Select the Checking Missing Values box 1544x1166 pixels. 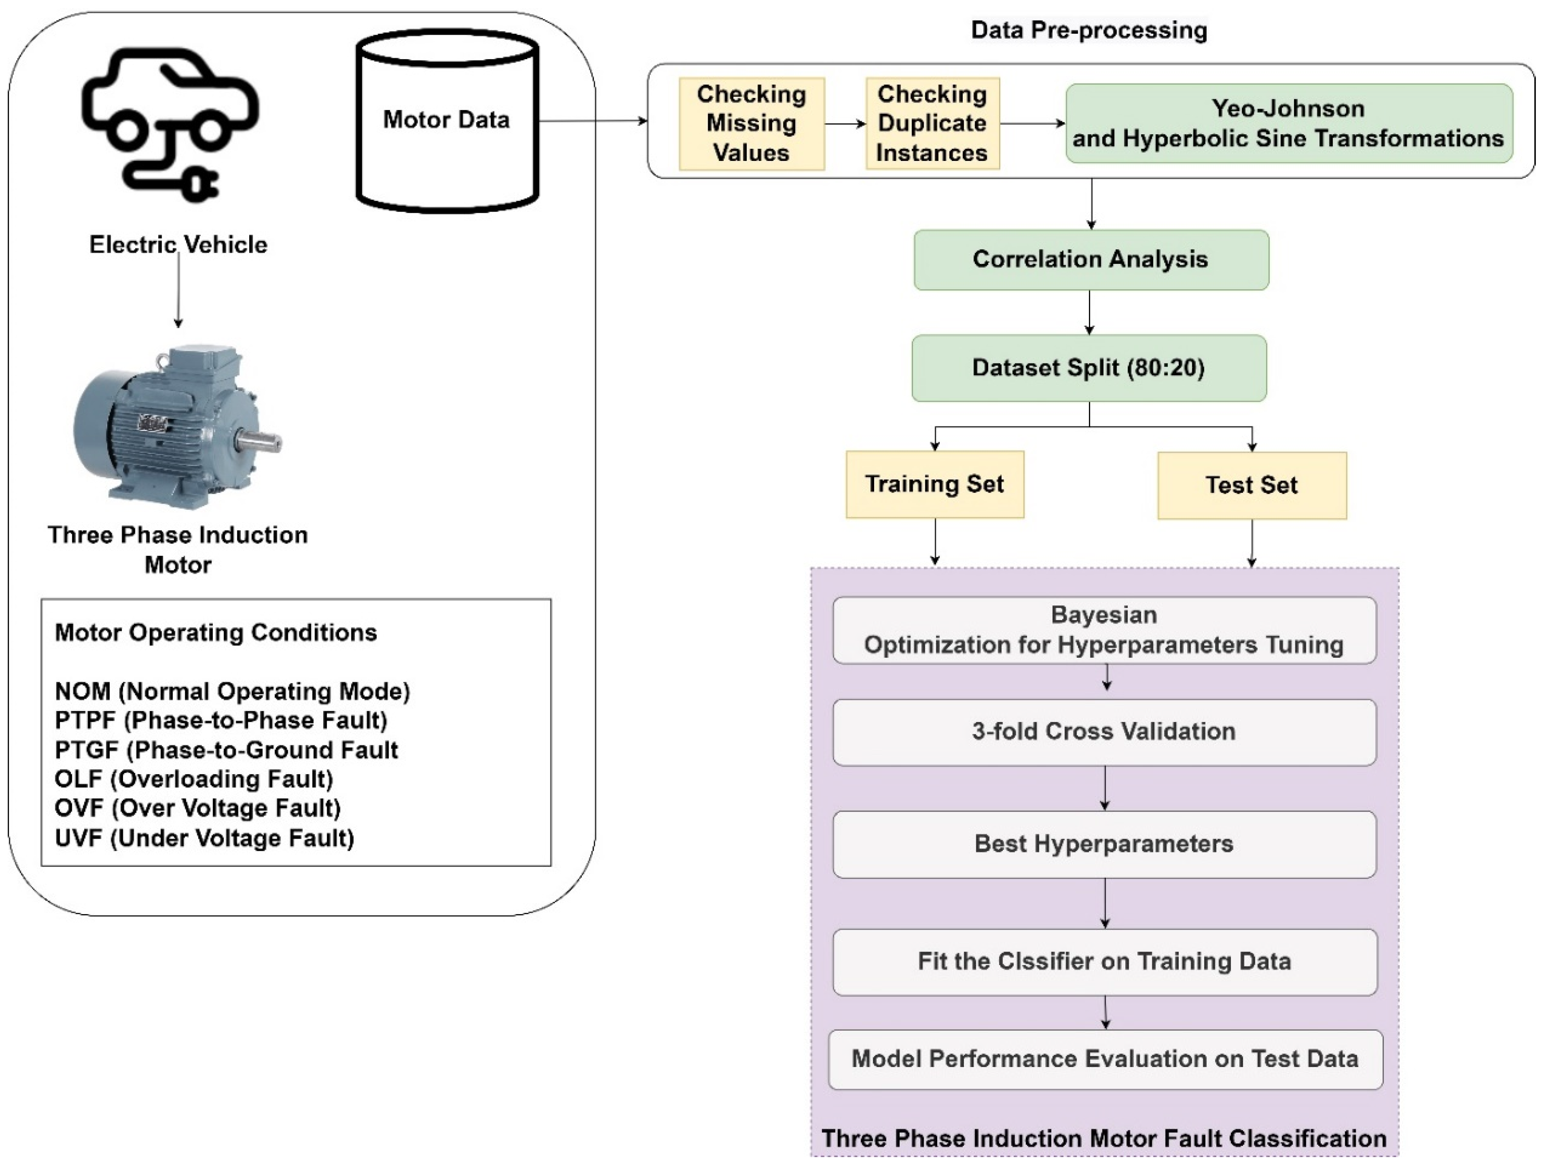pos(751,123)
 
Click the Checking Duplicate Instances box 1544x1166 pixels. pos(932,123)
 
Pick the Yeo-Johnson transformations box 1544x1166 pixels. pos(1288,123)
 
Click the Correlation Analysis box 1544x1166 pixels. pos(1090,260)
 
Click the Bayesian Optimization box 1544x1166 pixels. pos(1104,629)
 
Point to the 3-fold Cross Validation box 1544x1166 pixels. pos(1104,731)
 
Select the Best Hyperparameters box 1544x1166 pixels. pos(1104,844)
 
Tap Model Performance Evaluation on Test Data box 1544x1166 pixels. pos(1104,1058)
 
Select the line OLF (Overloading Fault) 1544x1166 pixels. pos(194,779)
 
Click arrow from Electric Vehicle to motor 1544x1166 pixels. pos(179,290)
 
